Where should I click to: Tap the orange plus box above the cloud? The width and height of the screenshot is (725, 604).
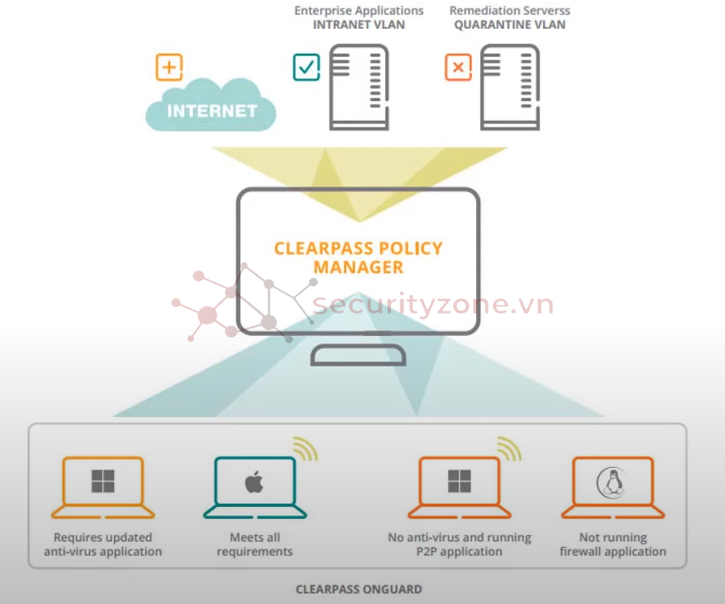click(x=169, y=67)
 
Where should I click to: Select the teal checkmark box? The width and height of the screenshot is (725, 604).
click(x=306, y=67)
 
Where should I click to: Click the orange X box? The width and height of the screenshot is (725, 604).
click(x=458, y=67)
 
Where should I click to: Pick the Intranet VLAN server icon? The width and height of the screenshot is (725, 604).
click(x=359, y=87)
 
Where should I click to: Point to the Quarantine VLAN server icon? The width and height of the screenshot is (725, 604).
click(x=510, y=87)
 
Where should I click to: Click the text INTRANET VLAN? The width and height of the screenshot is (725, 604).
click(x=359, y=25)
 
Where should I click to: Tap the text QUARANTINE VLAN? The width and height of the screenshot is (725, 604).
click(x=509, y=25)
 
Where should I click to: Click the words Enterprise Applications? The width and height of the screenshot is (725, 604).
click(x=359, y=10)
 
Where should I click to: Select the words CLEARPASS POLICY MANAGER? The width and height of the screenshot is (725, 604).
click(x=358, y=258)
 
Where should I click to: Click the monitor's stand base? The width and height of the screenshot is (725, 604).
click(x=358, y=355)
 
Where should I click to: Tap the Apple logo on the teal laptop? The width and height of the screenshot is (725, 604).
click(x=254, y=482)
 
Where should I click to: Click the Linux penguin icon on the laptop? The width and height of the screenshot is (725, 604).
click(x=612, y=482)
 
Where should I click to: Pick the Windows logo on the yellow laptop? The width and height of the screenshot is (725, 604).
click(x=103, y=482)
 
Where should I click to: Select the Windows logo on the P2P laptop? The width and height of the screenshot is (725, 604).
click(x=459, y=482)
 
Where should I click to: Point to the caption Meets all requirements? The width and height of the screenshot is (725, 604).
click(x=254, y=544)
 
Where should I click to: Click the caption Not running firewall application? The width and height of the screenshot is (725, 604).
click(x=612, y=544)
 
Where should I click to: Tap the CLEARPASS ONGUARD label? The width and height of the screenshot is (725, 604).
click(x=358, y=589)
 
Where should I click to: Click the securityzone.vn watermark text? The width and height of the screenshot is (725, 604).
click(x=433, y=305)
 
